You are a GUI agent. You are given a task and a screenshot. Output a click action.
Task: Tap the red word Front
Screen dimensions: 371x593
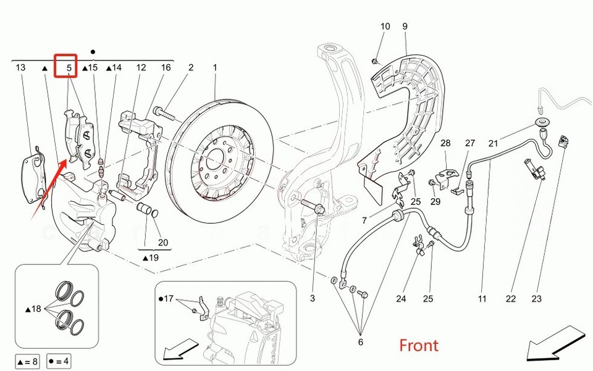[x=418, y=345]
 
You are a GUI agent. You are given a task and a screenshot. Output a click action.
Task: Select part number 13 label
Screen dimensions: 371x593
[x=21, y=67]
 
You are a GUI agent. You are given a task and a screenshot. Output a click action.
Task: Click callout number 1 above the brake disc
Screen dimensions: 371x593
[x=216, y=67]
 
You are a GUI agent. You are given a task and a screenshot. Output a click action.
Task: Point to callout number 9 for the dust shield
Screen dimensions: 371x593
[x=405, y=27]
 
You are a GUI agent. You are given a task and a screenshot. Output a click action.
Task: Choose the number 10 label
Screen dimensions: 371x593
[x=385, y=27]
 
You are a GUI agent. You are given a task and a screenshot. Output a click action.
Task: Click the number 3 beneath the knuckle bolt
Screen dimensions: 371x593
[x=313, y=299]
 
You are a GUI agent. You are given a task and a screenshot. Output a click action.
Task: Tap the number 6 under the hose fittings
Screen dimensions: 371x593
[x=361, y=342]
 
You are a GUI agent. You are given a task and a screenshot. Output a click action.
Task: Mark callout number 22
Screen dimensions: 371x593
[x=510, y=299]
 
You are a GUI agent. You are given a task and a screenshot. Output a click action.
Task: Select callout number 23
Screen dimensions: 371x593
[x=536, y=299]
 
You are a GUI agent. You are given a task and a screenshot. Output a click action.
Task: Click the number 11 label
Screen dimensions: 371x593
[x=482, y=299]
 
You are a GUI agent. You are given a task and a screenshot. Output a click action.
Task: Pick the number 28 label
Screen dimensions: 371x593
[x=445, y=143]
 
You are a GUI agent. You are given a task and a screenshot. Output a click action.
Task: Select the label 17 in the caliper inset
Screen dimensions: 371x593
[x=169, y=298]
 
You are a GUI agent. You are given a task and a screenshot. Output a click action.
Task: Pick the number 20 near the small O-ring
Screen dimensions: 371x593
[x=163, y=242]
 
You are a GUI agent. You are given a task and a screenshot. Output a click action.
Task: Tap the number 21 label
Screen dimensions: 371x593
[x=493, y=143]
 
